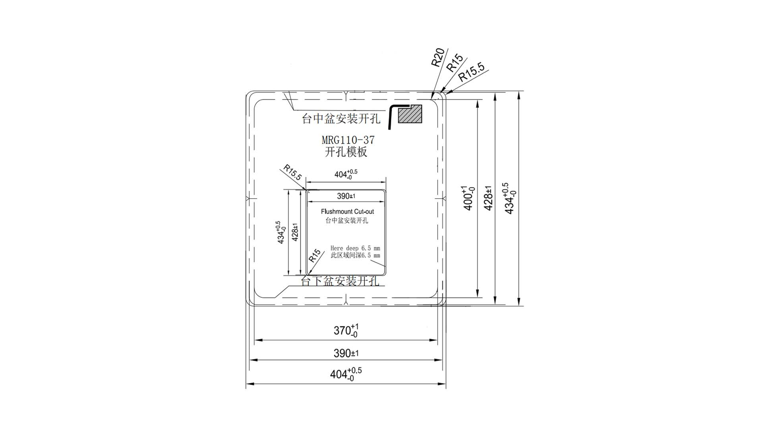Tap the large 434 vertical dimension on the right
pyautogui.click(x=510, y=198)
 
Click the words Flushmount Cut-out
pyautogui.click(x=347, y=212)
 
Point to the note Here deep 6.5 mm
pyautogui.click(x=355, y=248)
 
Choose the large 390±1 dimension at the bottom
pyautogui.click(x=346, y=353)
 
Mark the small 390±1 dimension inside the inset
pyautogui.click(x=346, y=196)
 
